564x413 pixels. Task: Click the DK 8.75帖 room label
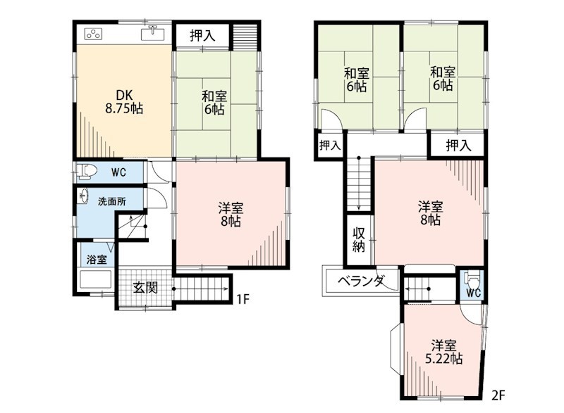point(124,101)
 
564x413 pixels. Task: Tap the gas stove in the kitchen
point(94,34)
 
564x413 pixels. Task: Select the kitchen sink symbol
point(152,33)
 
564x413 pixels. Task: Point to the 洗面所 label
point(112,201)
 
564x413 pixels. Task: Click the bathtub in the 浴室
point(96,279)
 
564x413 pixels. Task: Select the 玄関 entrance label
point(145,288)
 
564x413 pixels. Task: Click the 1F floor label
point(243,298)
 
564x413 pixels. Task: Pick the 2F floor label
point(498,395)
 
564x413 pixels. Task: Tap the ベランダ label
point(361,281)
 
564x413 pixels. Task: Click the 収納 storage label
point(359,240)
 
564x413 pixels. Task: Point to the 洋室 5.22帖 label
point(444,352)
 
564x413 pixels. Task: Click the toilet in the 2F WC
point(471,279)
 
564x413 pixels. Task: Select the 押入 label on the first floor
point(202,35)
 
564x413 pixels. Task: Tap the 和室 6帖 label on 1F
point(214,103)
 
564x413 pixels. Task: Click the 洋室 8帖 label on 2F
point(431,213)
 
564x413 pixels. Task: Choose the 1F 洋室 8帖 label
point(231,215)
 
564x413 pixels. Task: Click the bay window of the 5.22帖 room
point(396,346)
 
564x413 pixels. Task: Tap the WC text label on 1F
point(118,172)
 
